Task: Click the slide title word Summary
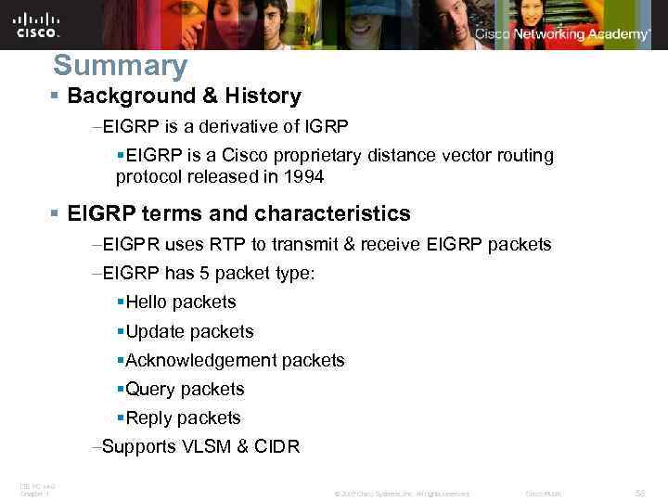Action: pyautogui.click(x=120, y=66)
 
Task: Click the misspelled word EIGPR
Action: pyautogui.click(x=132, y=245)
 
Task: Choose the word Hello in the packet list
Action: pyautogui.click(x=147, y=302)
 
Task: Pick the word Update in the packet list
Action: pyautogui.click(x=152, y=331)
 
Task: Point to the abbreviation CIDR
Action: pyautogui.click(x=277, y=446)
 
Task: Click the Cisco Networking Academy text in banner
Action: pyautogui.click(x=562, y=34)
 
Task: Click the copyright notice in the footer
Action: pyautogui.click(x=401, y=494)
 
